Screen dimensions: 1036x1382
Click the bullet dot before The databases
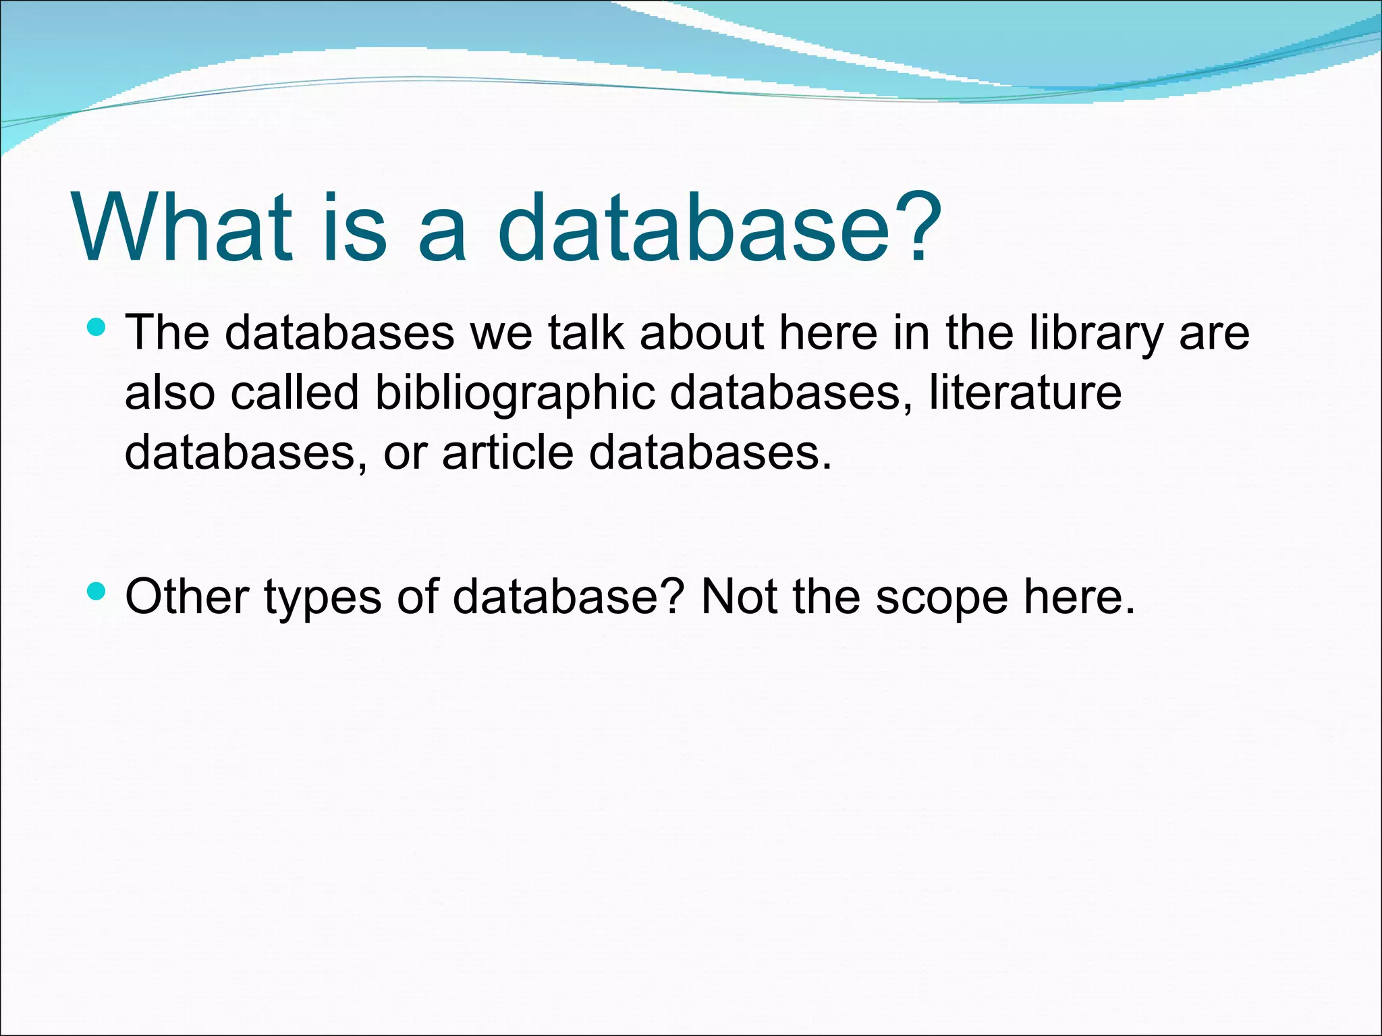click(x=96, y=328)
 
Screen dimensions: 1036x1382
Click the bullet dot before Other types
click(x=96, y=592)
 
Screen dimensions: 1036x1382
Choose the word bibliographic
click(x=514, y=393)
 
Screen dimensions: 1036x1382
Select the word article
click(x=507, y=451)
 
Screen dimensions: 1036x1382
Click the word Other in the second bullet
click(x=187, y=596)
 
